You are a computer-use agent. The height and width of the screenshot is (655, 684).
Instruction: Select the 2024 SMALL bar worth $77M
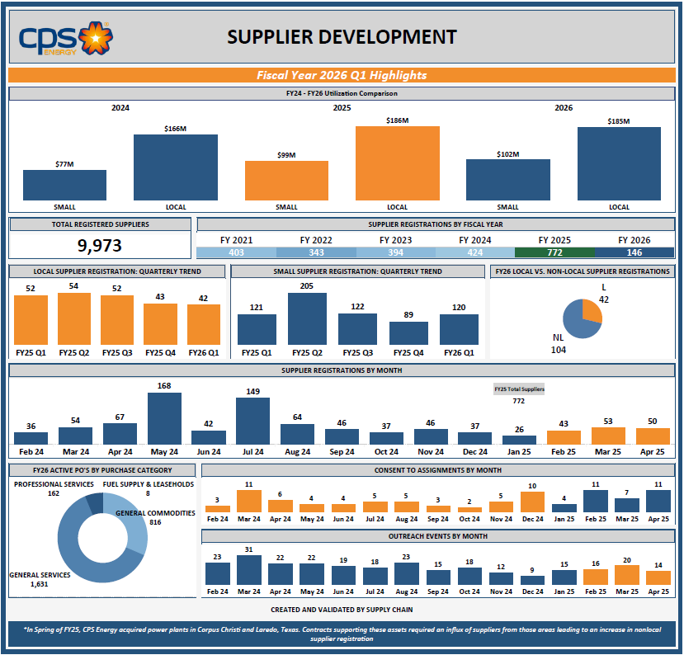point(64,185)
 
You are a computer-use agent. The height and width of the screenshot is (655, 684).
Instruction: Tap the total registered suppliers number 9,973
point(100,246)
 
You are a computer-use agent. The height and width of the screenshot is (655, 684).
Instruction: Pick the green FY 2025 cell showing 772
point(554,252)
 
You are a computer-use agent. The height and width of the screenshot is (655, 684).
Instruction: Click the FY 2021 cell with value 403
point(236,252)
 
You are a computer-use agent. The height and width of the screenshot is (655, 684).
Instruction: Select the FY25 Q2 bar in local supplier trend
point(74,318)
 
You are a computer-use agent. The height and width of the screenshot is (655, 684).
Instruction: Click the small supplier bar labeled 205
point(307,318)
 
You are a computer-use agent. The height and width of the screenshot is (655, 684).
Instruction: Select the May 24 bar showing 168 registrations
point(164,418)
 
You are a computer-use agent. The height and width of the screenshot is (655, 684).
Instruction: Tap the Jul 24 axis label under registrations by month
point(252,452)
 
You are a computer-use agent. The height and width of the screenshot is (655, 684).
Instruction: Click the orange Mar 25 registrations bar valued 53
point(608,436)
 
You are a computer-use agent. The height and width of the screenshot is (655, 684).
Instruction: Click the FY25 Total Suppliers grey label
point(519,389)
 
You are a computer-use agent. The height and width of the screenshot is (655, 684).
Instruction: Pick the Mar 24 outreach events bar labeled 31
point(248,570)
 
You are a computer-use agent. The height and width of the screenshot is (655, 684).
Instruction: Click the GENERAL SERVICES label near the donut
point(40,574)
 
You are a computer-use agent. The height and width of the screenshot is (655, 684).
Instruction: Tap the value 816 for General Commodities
point(155,522)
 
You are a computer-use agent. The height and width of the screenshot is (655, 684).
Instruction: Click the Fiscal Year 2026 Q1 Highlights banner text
point(342,75)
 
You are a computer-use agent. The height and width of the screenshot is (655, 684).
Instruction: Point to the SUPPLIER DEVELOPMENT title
point(342,37)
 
